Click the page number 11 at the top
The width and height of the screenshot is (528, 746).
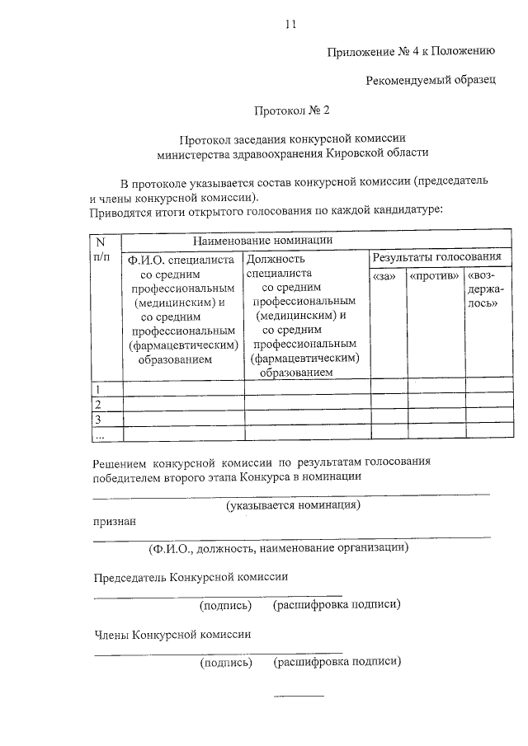click(x=290, y=24)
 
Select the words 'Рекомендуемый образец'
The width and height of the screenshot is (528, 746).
click(x=431, y=80)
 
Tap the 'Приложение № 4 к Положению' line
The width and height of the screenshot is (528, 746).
click(x=411, y=51)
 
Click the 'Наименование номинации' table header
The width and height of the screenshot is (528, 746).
click(x=262, y=241)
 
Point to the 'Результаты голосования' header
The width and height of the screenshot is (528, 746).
click(x=437, y=258)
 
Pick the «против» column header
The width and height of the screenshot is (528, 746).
click(x=435, y=276)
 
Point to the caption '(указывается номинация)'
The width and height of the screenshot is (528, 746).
click(x=294, y=504)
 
